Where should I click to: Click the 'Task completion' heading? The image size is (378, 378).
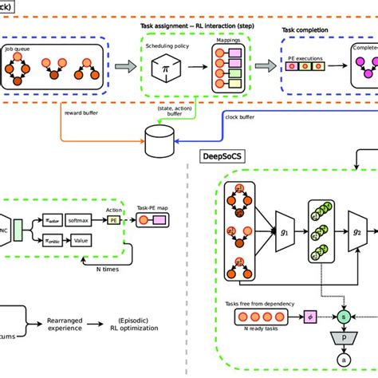click(309, 30)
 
